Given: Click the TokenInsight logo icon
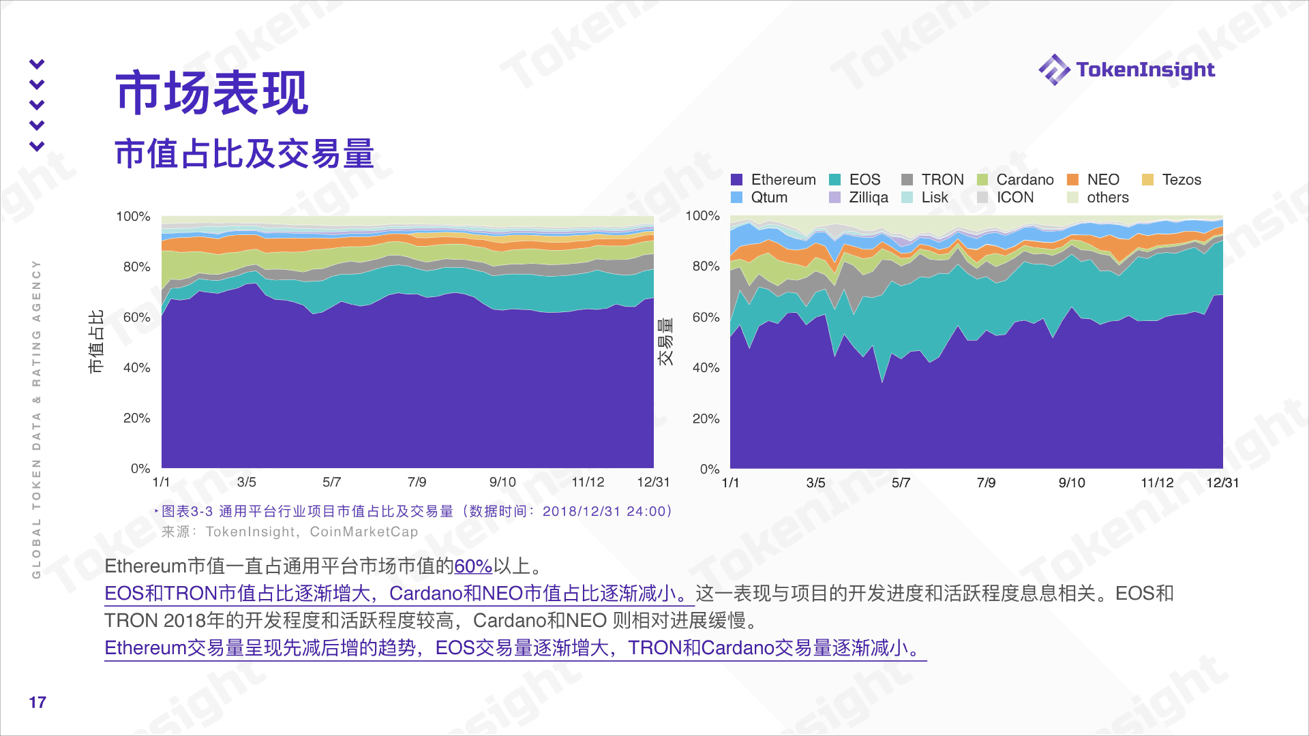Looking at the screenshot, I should click(x=1053, y=70).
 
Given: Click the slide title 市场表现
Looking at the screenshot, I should click(x=212, y=93).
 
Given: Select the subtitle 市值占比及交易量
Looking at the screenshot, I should click(x=244, y=153).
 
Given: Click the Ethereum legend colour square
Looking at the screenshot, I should click(x=736, y=180).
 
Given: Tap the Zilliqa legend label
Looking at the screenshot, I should click(x=868, y=198).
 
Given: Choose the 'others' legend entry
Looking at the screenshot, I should click(x=1107, y=198).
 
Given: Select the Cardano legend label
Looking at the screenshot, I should click(x=1025, y=180).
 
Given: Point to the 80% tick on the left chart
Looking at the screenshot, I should click(x=136, y=266).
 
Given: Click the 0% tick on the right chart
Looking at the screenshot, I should click(x=709, y=469).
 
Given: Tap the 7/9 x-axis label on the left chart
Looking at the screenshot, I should click(x=417, y=482).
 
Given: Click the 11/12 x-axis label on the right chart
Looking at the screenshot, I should click(x=1157, y=483).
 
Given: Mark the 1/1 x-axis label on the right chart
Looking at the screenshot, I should click(x=730, y=483).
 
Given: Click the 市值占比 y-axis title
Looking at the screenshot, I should click(x=96, y=341).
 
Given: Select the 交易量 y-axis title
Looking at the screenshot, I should click(x=665, y=341).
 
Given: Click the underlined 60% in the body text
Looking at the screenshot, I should click(x=472, y=566).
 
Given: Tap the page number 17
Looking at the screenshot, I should click(x=37, y=703).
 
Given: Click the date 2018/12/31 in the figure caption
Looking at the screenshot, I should click(x=582, y=512).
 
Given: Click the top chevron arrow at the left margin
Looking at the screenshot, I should click(x=37, y=64).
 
